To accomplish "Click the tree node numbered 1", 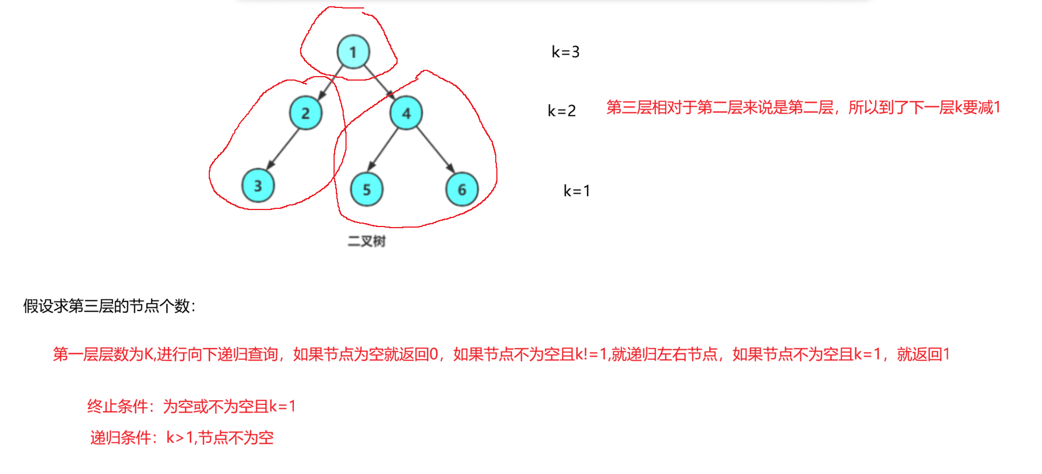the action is point(353,52).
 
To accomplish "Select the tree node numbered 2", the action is point(306,113).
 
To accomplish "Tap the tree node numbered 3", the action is point(258,186).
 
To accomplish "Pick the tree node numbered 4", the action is point(406,113).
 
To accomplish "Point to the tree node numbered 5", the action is point(366,190).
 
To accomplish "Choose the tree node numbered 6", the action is point(462,190).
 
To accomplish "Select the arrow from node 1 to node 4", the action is point(378,82).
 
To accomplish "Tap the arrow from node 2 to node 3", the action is point(282,149).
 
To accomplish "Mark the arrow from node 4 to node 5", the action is point(383,149).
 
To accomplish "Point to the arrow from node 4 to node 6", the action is point(435,150).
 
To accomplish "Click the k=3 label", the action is point(566,52).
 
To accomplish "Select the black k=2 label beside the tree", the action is point(562,111).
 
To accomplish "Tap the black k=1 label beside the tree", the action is point(577,191).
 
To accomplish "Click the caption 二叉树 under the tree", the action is point(366,241).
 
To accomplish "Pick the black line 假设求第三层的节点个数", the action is point(109,307).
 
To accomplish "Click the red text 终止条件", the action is point(117,406).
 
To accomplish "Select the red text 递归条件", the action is point(121,438).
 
